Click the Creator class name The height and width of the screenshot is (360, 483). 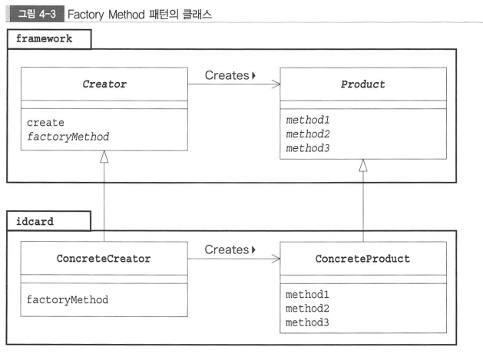[104, 84]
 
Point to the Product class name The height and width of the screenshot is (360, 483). [362, 84]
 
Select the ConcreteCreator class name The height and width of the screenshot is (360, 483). [104, 259]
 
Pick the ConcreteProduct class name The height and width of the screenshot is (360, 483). [362, 259]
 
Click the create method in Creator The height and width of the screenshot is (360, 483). [45, 122]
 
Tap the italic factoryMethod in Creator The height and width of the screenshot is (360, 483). [68, 136]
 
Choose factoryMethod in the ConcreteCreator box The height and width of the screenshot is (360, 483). [68, 299]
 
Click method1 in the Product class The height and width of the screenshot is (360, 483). [309, 120]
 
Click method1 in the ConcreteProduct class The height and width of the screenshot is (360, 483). [309, 294]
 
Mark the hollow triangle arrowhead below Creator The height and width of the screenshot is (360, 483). [104, 157]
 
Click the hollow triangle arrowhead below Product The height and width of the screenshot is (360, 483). [362, 166]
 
